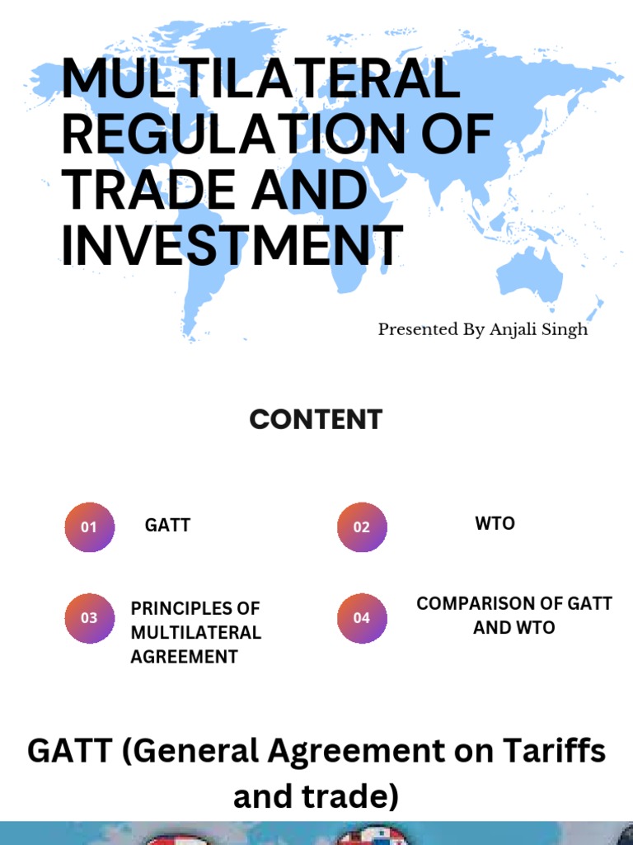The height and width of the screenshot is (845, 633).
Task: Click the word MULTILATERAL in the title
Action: (x=260, y=79)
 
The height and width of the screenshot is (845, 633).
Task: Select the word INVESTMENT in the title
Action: (x=232, y=244)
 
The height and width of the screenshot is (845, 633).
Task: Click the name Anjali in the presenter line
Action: (x=512, y=329)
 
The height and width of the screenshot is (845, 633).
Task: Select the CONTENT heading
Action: (x=316, y=419)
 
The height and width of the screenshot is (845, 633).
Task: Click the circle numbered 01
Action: (x=89, y=527)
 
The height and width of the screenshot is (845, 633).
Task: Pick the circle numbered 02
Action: (x=362, y=527)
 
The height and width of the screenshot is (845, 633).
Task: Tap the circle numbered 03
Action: (x=89, y=618)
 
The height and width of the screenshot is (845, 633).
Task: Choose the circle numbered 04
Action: (x=362, y=618)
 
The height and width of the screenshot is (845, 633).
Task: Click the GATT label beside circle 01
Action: (x=167, y=525)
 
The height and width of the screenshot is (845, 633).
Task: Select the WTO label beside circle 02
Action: (x=495, y=523)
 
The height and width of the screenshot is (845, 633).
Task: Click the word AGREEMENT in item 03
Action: (x=184, y=657)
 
